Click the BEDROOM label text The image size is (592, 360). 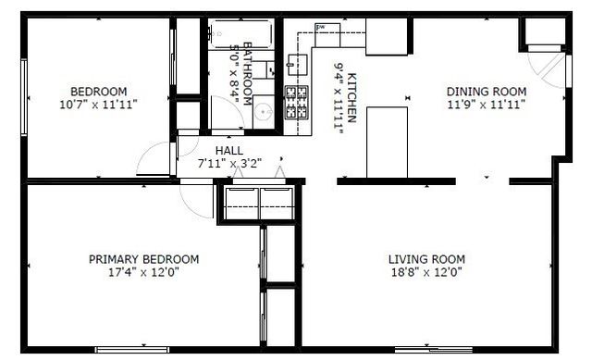click(x=98, y=91)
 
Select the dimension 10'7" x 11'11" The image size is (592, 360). click(x=98, y=105)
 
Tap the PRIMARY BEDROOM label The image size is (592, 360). click(x=143, y=259)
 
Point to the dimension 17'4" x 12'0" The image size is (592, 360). click(x=143, y=273)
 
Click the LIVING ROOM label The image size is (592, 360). click(x=426, y=259)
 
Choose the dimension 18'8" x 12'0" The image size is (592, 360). click(x=426, y=273)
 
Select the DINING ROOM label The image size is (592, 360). click(x=487, y=91)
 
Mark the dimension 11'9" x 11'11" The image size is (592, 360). click(x=487, y=105)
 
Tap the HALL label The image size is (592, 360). click(x=229, y=150)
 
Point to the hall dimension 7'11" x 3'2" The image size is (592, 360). click(x=229, y=163)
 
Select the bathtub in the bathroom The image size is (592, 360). click(x=240, y=33)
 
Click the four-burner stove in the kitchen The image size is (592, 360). click(x=299, y=103)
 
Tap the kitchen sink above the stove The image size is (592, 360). click(x=298, y=64)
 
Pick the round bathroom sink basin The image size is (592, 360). click(x=262, y=112)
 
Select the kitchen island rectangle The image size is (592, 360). click(x=388, y=141)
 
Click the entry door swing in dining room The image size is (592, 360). click(x=546, y=65)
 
